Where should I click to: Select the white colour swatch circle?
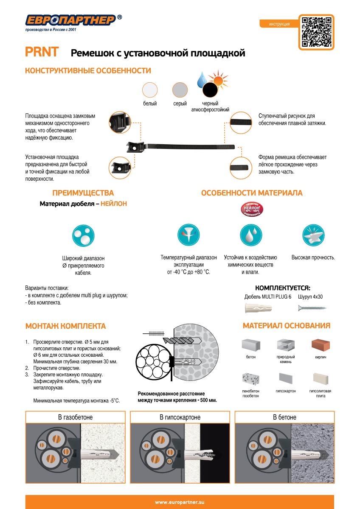click(150, 90)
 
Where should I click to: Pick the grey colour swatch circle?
click(180, 90)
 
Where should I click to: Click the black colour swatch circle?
click(210, 90)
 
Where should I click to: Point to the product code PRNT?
click(42, 52)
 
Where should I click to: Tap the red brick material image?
click(321, 344)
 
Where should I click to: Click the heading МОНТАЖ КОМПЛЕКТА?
click(65, 326)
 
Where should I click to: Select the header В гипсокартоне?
click(180, 417)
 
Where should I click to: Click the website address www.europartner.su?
click(180, 502)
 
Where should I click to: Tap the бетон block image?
click(251, 345)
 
